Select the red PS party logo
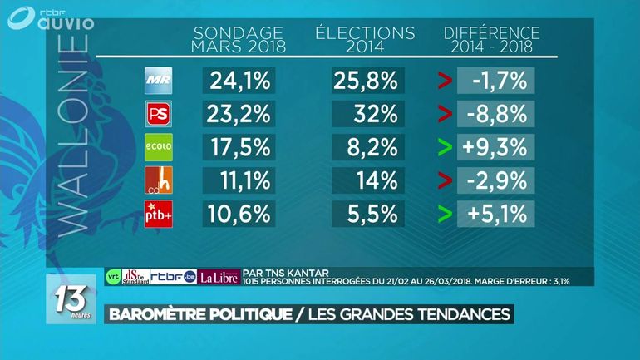coord(158,113)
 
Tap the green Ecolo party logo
coord(158,146)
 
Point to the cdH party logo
coord(158,180)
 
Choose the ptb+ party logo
coord(158,213)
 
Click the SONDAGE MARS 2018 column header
coord(239,39)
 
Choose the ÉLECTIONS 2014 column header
coord(366,39)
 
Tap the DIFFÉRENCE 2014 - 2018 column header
coord(492,39)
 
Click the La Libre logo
coord(219,277)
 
